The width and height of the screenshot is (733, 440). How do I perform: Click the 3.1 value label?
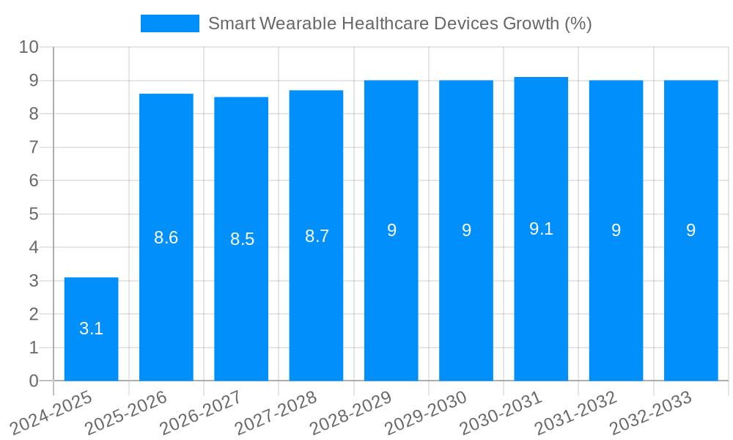[91, 329]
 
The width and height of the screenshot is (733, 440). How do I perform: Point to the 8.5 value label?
[242, 239]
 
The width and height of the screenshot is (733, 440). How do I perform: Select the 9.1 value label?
[541, 229]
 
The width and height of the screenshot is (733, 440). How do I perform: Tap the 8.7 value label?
[317, 236]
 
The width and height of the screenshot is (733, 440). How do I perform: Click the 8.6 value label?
[166, 238]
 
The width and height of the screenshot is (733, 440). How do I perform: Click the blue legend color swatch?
[169, 23]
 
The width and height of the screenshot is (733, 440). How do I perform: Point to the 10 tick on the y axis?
[29, 47]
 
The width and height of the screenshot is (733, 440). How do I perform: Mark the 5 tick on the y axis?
[33, 214]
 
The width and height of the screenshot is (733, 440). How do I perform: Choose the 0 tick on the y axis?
[33, 381]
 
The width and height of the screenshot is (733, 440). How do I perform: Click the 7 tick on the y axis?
[33, 147]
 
